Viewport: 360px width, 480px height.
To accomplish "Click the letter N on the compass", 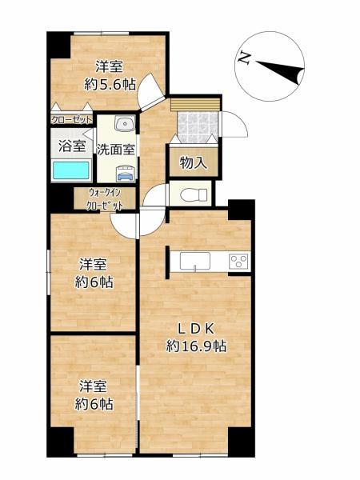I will pyautogui.click(x=243, y=57).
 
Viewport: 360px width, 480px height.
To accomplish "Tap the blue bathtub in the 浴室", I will pyautogui.click(x=71, y=170).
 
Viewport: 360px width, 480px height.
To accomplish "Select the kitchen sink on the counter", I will pyautogui.click(x=194, y=262).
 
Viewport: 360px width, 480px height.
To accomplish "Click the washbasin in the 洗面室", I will pyautogui.click(x=124, y=124).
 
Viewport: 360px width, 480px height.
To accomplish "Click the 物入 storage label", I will pyautogui.click(x=193, y=162).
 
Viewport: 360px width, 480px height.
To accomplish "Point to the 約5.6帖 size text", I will pyautogui.click(x=110, y=83).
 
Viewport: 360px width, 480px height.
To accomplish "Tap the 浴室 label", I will pyautogui.click(x=71, y=146).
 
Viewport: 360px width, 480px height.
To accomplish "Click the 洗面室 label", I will pyautogui.click(x=116, y=148).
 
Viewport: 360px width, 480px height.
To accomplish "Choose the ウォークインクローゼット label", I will pyautogui.click(x=106, y=199).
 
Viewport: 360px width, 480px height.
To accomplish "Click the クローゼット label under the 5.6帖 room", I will pyautogui.click(x=71, y=120).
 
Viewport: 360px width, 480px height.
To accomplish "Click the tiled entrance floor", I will pyautogui.click(x=195, y=126).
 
